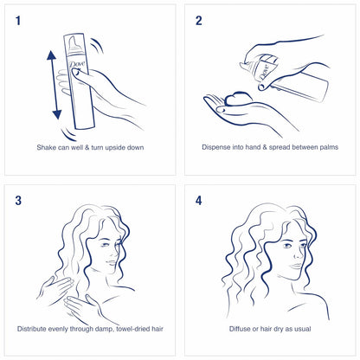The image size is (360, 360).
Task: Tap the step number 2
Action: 199,21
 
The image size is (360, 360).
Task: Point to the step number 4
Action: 199,201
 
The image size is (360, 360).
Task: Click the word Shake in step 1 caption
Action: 48,147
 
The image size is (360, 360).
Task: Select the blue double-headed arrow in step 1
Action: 54,84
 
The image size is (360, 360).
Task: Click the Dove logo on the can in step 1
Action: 76,67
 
